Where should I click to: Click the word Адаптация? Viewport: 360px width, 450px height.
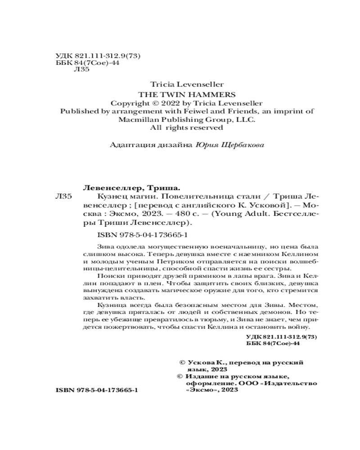tap(129, 145)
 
